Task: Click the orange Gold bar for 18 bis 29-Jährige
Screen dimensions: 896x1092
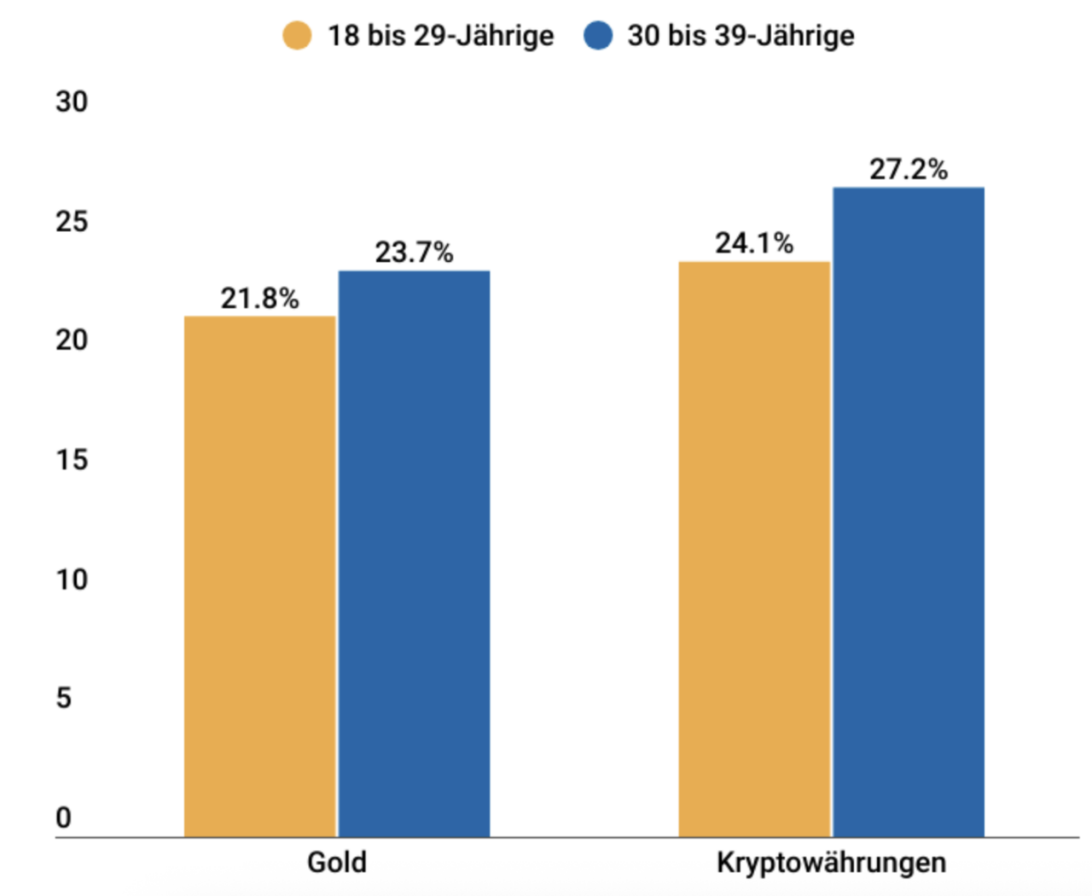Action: (x=260, y=576)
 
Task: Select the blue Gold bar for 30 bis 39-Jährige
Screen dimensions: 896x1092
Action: (x=414, y=554)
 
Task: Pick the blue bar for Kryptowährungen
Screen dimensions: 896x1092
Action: (x=909, y=512)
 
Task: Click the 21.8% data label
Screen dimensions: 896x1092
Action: (x=260, y=299)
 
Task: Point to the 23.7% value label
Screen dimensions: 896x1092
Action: (x=414, y=253)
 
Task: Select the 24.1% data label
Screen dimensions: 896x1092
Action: (x=754, y=243)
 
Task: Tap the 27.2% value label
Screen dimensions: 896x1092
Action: (x=909, y=169)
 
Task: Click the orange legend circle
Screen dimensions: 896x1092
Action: (x=297, y=36)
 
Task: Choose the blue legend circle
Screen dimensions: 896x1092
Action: (x=598, y=36)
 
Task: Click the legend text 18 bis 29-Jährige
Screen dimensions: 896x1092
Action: (x=440, y=36)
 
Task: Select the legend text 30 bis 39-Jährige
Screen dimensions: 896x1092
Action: (x=741, y=36)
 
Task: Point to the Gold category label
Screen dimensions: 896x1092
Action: (x=337, y=862)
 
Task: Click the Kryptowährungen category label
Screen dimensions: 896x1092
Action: (x=831, y=862)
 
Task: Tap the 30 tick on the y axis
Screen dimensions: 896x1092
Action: (x=72, y=102)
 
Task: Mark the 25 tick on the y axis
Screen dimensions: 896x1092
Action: (x=72, y=222)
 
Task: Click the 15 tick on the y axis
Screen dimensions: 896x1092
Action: (x=72, y=461)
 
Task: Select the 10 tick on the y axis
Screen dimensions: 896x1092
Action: (x=72, y=580)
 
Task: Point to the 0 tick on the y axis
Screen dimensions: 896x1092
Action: (x=64, y=818)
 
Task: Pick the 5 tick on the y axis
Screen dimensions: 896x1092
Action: (x=64, y=699)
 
